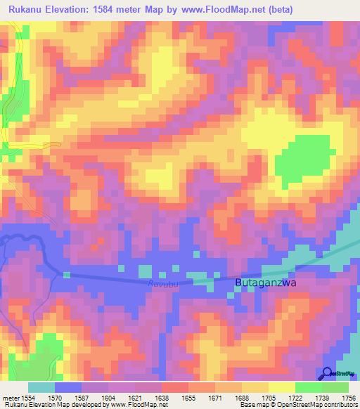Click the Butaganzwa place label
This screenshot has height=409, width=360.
266,283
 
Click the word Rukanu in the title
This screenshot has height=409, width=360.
29,9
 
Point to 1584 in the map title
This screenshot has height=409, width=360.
119,9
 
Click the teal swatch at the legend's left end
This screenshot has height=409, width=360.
41,387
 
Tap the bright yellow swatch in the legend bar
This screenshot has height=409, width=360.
281,387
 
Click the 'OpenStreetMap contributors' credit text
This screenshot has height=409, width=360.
321,405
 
